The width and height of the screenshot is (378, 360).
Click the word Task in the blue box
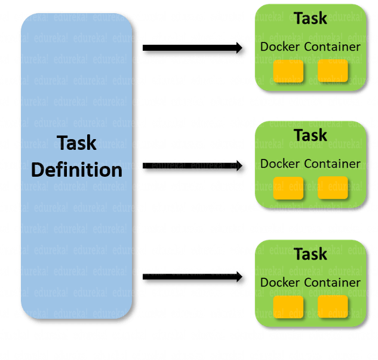pos(76,143)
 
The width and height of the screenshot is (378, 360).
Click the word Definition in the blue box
pos(76,170)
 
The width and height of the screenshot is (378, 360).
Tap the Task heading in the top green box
pos(311,19)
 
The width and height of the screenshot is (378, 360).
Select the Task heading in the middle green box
pos(311,136)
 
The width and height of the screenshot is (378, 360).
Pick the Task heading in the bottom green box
pos(311,254)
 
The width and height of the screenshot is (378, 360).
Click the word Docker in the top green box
pos(281,47)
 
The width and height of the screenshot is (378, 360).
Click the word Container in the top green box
pos(333,47)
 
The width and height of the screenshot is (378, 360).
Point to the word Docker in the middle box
pos(281,164)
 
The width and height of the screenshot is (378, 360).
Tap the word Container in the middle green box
pos(333,164)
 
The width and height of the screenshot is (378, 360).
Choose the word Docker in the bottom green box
pos(281,282)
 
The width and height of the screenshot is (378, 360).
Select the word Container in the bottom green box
pos(333,282)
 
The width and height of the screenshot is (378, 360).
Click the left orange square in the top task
pos(288,71)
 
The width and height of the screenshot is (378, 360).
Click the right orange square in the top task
pos(333,71)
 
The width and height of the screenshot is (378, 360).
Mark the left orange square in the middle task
pos(288,188)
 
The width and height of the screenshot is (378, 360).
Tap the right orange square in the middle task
pos(333,188)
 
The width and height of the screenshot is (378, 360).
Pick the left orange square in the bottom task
pos(288,307)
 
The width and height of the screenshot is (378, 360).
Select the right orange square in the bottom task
pos(333,307)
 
